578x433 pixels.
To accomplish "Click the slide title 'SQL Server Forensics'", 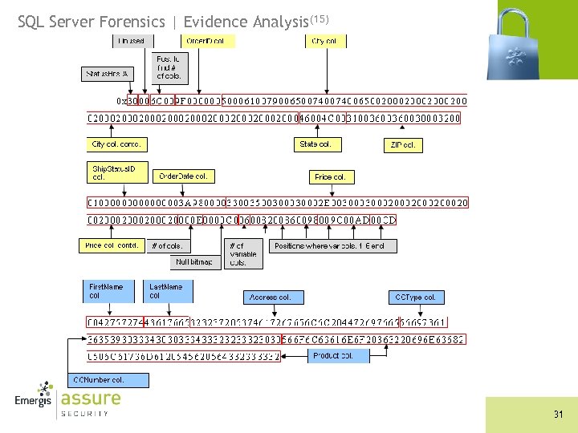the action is pos(96,22).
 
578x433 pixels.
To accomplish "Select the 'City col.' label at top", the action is pos(324,41).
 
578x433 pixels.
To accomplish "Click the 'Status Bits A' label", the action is pos(107,74).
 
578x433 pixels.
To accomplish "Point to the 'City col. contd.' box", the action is pos(116,144).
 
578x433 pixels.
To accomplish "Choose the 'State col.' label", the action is pos(315,144).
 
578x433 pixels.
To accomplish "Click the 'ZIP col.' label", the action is pos(403,145).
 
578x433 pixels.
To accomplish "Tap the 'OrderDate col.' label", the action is pos(183,176).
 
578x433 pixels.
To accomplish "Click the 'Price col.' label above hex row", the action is pos(331,176).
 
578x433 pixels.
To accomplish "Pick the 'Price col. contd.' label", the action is pos(112,245).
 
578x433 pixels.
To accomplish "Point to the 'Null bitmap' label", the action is pos(194,262).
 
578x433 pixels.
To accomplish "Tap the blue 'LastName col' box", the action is pos(167,290).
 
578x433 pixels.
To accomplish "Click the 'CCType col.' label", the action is pos(415,297).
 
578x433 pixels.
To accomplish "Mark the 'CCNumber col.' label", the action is pos(99,379).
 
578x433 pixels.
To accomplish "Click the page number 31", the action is pos(558,415).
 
